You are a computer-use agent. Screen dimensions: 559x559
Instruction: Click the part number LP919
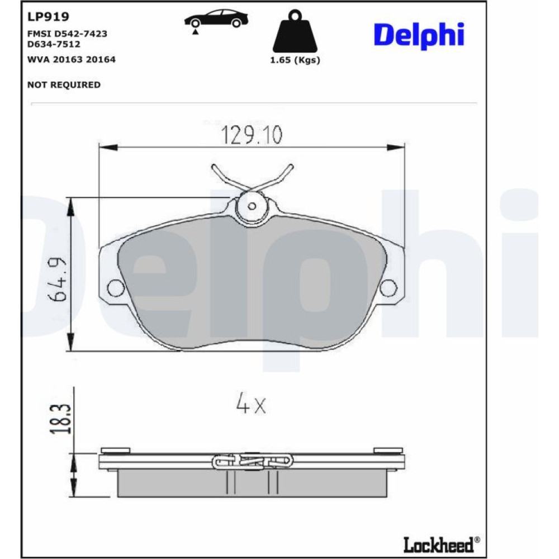click(48, 17)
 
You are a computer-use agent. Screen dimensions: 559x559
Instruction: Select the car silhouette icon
click(216, 19)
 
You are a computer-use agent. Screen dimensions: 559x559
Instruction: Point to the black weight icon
click(295, 31)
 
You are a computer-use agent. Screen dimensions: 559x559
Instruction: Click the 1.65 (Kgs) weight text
click(295, 60)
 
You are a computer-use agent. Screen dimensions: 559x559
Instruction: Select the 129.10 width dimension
click(252, 135)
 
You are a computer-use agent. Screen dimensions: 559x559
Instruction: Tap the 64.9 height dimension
click(58, 279)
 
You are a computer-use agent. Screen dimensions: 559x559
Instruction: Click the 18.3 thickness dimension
click(60, 419)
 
